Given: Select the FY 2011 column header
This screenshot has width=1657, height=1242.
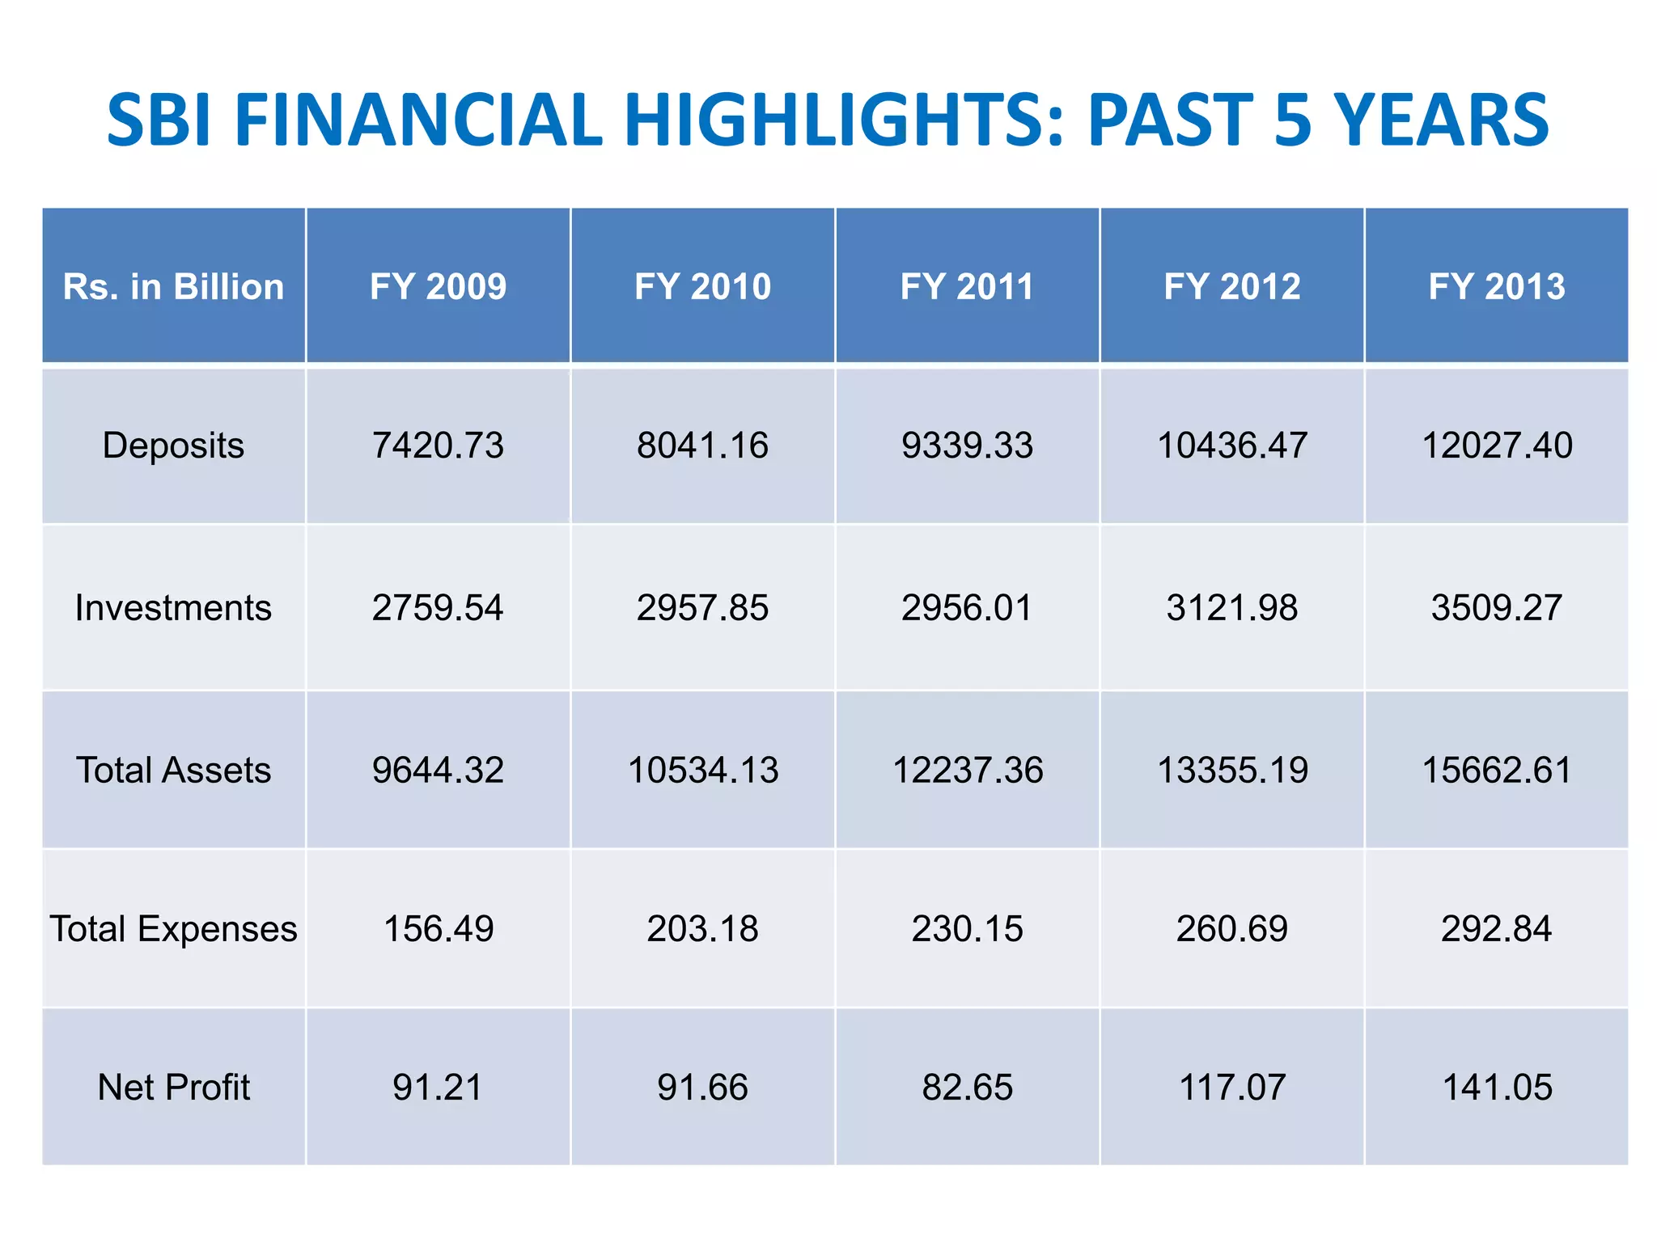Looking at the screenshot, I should [967, 286].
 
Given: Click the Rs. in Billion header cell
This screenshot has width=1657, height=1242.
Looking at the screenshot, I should [173, 286].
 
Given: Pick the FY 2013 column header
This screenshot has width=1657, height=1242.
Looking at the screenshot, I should [1496, 286].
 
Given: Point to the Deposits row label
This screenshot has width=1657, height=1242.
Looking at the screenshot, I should [173, 446].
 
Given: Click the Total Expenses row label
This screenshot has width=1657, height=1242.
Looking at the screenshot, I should [173, 928].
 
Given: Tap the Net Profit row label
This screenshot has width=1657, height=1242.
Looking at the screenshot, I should [173, 1087].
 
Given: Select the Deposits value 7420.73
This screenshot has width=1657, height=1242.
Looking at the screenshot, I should [438, 446].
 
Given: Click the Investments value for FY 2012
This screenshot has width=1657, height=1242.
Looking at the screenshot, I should [1231, 607].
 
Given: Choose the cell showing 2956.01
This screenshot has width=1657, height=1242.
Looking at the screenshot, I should [967, 607].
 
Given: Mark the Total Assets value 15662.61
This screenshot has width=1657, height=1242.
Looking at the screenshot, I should [1496, 770].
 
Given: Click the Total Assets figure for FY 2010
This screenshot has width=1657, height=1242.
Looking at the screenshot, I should [702, 770].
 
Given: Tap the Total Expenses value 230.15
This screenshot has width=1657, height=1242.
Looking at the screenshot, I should [967, 928].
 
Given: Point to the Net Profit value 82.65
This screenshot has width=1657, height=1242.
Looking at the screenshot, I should [967, 1087].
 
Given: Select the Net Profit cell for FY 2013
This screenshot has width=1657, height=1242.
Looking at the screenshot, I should [1496, 1087].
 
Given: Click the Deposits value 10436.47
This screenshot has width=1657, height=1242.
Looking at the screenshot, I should [1231, 446].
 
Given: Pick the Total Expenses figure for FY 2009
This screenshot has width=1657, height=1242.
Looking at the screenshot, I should [438, 928].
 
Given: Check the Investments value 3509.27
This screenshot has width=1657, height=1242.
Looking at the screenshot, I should [1496, 607].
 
